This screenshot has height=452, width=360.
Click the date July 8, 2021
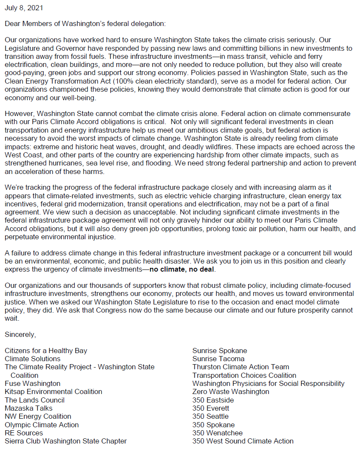pyautogui.click(x=24, y=8)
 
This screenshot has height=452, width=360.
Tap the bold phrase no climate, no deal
pyautogui.click(x=183, y=269)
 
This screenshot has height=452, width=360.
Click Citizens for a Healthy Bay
pyautogui.click(x=46, y=351)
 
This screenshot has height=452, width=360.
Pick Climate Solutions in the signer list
pyautogui.click(x=33, y=359)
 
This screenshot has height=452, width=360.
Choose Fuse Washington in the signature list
pyautogui.click(x=33, y=383)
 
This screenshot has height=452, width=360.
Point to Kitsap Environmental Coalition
pyautogui.click(x=53, y=391)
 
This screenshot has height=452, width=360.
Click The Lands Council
pyautogui.click(x=35, y=400)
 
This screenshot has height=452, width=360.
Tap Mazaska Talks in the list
pyautogui.click(x=29, y=408)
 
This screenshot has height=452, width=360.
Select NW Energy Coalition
pyautogui.click(x=38, y=416)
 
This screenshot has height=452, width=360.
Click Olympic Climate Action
pyautogui.click(x=42, y=425)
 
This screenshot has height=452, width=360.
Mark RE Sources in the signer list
pyautogui.click(x=24, y=433)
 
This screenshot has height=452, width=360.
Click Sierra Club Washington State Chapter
pyautogui.click(x=66, y=441)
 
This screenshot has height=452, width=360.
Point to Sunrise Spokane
pyautogui.click(x=219, y=351)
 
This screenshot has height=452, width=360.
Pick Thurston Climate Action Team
pyautogui.click(x=241, y=367)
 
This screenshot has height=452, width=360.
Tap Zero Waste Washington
pyautogui.click(x=230, y=391)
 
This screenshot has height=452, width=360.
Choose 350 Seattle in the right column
pyautogui.click(x=210, y=416)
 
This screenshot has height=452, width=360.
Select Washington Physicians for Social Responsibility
pyautogui.click(x=268, y=383)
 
